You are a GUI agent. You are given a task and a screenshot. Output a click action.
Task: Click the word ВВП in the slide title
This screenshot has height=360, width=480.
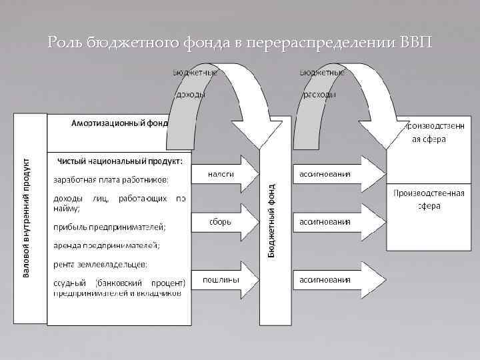point(417,43)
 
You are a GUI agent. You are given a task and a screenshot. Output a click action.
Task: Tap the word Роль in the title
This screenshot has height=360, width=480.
point(65,43)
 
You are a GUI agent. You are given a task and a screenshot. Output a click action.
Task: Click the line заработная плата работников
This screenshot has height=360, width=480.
point(111,179)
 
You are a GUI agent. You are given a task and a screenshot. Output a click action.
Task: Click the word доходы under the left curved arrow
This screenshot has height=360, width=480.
point(190,95)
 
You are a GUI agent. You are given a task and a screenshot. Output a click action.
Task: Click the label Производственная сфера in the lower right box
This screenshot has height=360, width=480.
point(429,199)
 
